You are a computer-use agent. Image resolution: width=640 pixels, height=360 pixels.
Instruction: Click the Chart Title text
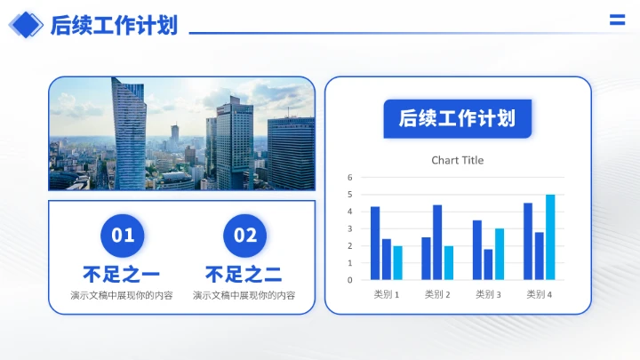458,160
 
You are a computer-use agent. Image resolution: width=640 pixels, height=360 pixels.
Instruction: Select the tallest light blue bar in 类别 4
550,236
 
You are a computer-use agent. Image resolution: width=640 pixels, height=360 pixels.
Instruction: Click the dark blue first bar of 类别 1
375,243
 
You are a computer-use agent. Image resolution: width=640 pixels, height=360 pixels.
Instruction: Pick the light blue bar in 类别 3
500,253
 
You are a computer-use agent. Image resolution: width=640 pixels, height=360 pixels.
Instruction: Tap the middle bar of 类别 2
437,242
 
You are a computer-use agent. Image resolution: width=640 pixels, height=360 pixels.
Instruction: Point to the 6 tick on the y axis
350,177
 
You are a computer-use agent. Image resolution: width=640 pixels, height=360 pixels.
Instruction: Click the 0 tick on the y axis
350,280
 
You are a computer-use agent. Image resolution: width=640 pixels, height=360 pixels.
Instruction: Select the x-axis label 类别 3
488,294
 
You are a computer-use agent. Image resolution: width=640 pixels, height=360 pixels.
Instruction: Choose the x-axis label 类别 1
387,294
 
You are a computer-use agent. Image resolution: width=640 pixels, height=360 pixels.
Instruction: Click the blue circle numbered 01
123,236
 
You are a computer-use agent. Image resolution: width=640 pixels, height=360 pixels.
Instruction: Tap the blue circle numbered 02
244,236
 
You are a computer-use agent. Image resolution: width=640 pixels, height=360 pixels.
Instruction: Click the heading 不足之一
122,274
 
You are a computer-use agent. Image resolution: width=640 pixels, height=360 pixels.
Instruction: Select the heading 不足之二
244,274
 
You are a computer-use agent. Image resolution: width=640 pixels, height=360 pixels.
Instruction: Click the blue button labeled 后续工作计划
457,118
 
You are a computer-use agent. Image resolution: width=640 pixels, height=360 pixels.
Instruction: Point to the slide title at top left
114,25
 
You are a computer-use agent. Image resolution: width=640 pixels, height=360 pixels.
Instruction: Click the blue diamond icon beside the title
26,25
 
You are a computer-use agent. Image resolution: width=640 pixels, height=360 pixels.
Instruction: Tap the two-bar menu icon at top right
617,20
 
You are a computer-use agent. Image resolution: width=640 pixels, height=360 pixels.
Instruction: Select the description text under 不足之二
244,295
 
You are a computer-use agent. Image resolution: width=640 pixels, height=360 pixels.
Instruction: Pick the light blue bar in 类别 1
397,262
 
